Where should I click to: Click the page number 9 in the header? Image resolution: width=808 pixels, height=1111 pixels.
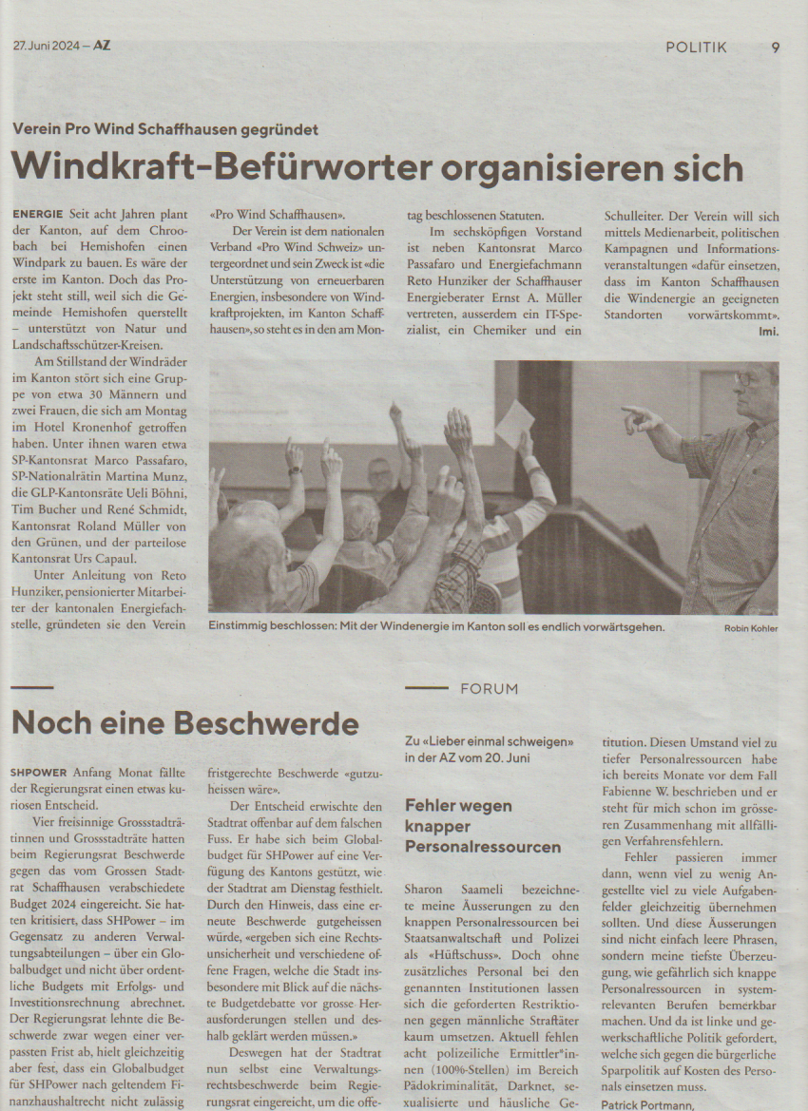(x=775, y=48)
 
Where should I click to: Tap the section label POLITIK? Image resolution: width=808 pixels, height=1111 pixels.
(x=696, y=48)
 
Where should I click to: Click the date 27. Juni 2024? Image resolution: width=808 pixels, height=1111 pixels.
(x=46, y=45)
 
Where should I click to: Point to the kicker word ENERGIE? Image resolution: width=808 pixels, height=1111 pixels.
(x=37, y=215)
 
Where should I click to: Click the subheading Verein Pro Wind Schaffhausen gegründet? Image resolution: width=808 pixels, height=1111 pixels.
(x=165, y=129)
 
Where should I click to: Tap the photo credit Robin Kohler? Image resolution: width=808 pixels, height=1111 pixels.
(x=751, y=628)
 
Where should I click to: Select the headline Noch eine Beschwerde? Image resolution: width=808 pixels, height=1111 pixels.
(x=184, y=723)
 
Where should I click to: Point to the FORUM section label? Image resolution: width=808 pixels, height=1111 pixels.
(x=490, y=689)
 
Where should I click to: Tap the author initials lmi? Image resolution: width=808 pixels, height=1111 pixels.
(x=768, y=331)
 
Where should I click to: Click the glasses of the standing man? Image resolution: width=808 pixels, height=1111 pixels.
(x=742, y=377)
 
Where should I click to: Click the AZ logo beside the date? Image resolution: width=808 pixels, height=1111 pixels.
(x=101, y=45)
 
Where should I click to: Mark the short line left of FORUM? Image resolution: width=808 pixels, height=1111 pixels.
(x=425, y=688)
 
